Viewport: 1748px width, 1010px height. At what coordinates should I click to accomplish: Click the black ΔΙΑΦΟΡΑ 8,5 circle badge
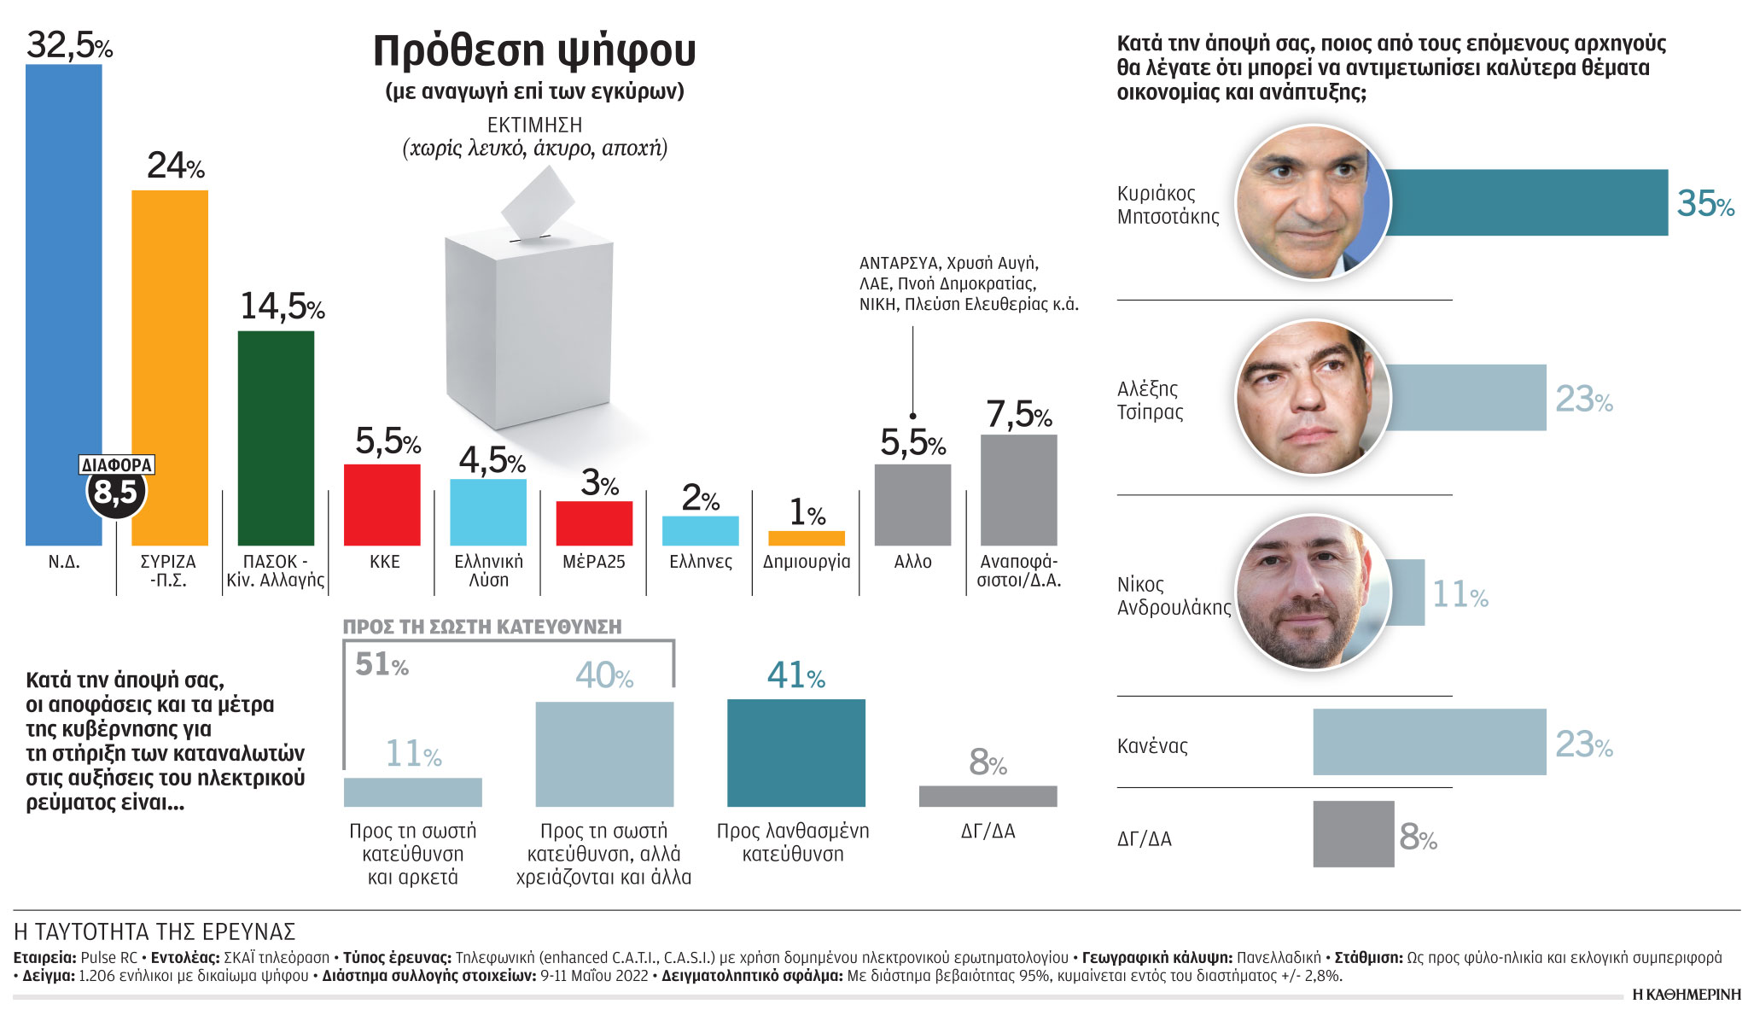116,492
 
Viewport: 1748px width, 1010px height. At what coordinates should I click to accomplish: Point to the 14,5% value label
282,307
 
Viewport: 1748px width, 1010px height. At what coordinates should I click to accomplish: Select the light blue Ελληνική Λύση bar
488,512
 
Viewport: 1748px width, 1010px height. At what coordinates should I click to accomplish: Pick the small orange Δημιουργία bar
807,538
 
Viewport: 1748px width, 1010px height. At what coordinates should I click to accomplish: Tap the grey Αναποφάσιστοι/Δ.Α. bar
1018,490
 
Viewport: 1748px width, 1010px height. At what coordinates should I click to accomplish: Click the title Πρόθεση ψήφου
534,51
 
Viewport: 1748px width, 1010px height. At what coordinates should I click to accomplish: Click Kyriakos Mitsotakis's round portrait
1313,202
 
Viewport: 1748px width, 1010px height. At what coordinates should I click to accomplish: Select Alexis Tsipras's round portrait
1313,398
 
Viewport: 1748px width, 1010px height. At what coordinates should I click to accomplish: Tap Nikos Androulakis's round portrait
1313,593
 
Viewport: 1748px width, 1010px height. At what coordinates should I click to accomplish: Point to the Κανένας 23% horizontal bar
1429,742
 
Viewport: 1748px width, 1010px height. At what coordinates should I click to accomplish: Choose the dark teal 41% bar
795,753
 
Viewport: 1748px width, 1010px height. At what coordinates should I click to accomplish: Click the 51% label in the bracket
382,664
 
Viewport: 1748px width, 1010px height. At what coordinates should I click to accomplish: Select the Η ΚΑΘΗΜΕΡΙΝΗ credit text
1686,995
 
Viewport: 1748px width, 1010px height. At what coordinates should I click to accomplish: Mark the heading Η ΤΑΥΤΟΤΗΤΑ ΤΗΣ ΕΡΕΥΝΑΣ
154,931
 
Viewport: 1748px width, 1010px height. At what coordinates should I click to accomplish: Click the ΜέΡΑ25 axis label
594,562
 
